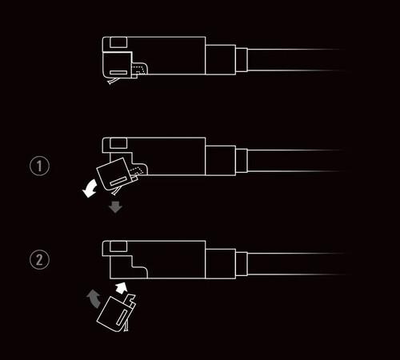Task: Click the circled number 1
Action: [x=39, y=166]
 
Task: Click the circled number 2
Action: [x=39, y=259]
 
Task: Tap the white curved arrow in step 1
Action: [x=90, y=188]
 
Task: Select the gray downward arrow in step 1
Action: [x=115, y=207]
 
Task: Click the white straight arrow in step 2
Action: [x=121, y=288]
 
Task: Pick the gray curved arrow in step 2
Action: [x=94, y=298]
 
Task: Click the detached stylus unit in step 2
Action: [x=117, y=313]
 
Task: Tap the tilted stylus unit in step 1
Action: [x=117, y=175]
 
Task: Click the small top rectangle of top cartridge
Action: [x=118, y=42]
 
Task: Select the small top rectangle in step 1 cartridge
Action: [x=118, y=143]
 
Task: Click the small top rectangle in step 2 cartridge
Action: [x=118, y=246]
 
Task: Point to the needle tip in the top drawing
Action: [x=110, y=83]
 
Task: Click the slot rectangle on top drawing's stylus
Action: [x=118, y=72]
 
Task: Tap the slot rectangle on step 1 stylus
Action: [x=119, y=181]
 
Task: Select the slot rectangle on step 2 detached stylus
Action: [x=122, y=318]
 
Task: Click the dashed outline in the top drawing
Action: [x=140, y=69]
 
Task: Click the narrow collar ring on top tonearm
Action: [x=242, y=60]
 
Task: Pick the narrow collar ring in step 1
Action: [x=242, y=161]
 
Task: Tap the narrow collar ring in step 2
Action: [x=242, y=264]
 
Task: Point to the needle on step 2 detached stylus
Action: [x=127, y=326]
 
